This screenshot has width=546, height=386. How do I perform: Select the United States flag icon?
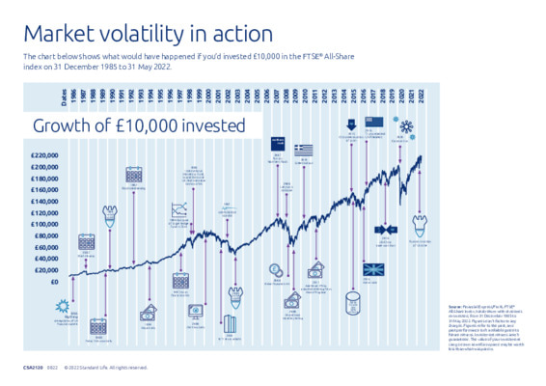375,123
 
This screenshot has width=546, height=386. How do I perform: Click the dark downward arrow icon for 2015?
349,124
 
